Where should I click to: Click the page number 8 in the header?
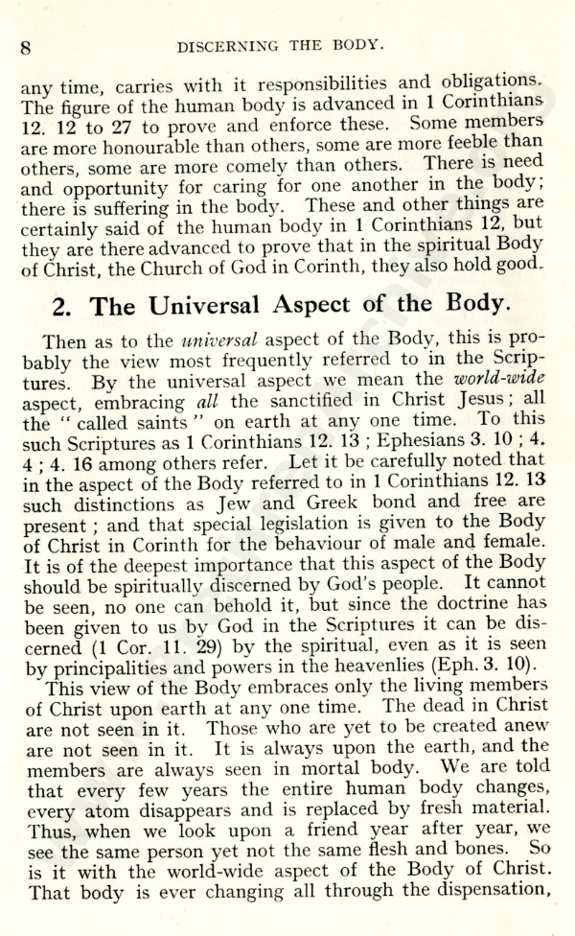[x=27, y=45]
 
